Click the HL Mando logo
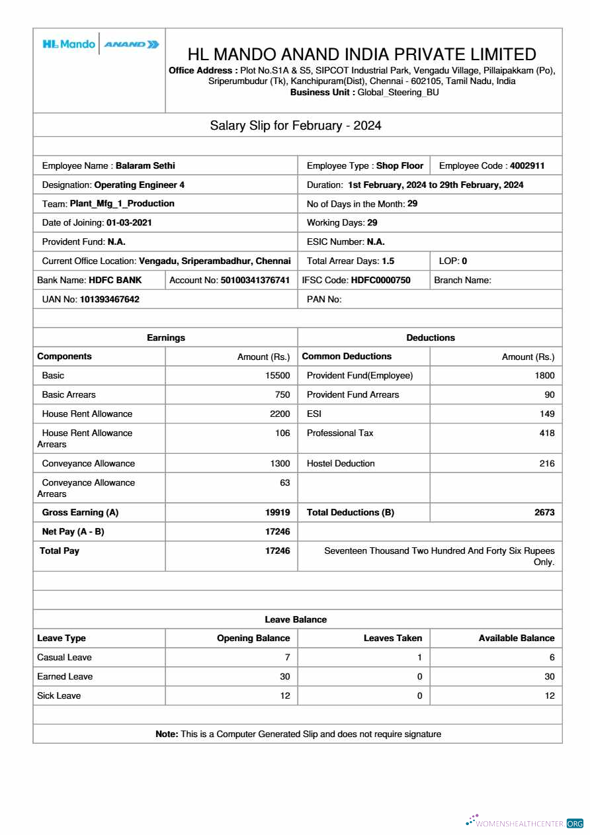(69, 44)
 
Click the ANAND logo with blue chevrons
(132, 44)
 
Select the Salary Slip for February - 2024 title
(296, 126)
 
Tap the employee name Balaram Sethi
(145, 166)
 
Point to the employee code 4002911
(527, 166)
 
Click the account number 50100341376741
(255, 281)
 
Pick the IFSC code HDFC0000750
(380, 281)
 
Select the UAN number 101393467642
(110, 300)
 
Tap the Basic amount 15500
(277, 376)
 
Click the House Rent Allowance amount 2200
(279, 414)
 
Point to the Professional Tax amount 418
(546, 433)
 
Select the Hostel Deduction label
(341, 464)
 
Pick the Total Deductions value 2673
(544, 513)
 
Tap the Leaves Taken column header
(393, 638)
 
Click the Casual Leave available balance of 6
(552, 658)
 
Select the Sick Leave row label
(59, 696)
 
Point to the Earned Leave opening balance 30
(284, 677)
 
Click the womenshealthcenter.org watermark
(525, 823)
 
